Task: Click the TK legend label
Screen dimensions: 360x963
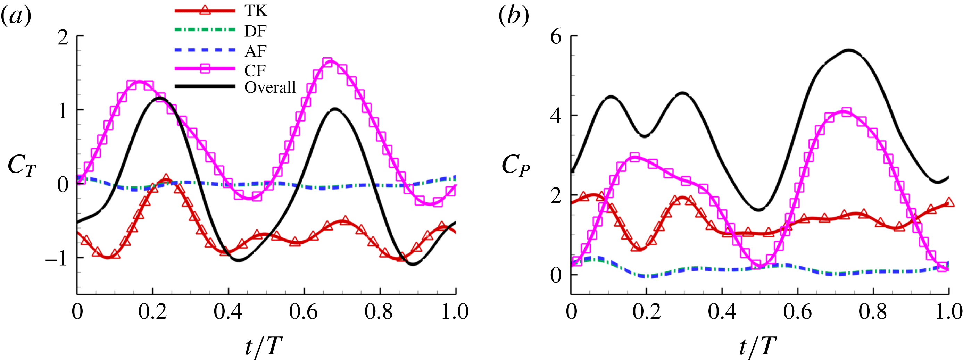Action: tap(256, 10)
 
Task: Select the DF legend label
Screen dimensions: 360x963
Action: tap(256, 31)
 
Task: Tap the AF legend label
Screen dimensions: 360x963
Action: tap(256, 51)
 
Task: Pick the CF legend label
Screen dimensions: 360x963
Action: tap(255, 70)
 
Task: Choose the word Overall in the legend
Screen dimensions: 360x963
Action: tap(270, 87)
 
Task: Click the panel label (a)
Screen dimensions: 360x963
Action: tap(16, 16)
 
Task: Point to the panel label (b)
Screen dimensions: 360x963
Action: tap(514, 16)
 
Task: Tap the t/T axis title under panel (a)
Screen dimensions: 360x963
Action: tap(264, 346)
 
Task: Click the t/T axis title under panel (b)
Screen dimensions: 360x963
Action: tap(758, 346)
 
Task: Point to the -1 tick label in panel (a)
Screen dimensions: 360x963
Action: tap(57, 258)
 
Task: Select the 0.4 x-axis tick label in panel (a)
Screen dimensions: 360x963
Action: tap(228, 311)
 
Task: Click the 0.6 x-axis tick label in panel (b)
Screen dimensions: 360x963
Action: tap(797, 311)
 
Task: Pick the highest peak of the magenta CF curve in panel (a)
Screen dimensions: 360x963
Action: tap(328, 62)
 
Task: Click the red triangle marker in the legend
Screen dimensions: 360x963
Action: tap(205, 10)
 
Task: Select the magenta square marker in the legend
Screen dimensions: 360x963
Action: tap(205, 68)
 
